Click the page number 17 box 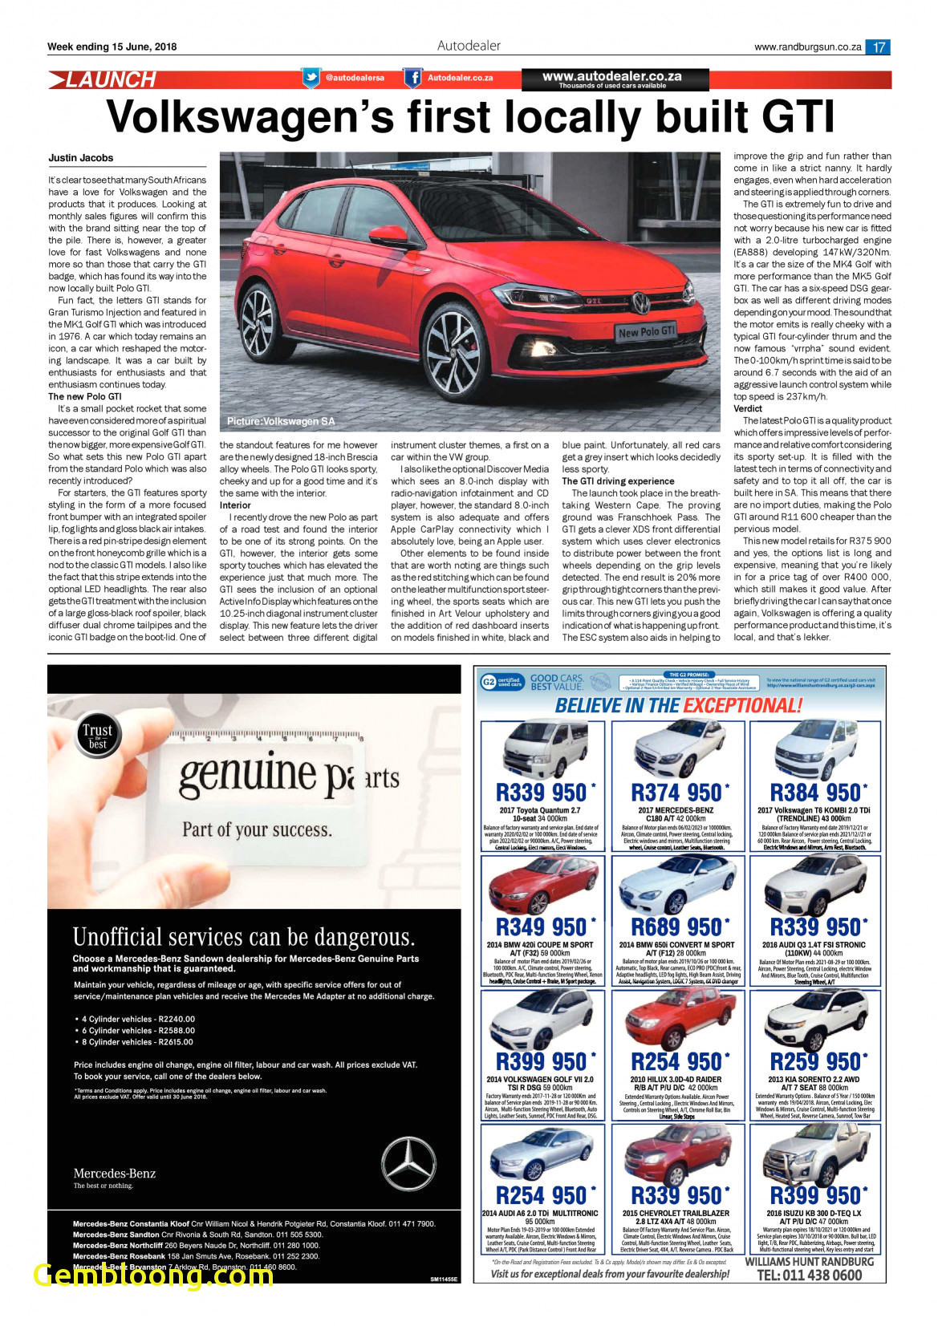pyautogui.click(x=879, y=47)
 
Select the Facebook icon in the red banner pyautogui.click(x=412, y=78)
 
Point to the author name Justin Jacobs pyautogui.click(x=80, y=158)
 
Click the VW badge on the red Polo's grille pyautogui.click(x=640, y=303)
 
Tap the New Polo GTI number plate pyautogui.click(x=646, y=331)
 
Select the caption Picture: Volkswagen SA pyautogui.click(x=281, y=421)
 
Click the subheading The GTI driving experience pyautogui.click(x=618, y=481)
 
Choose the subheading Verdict pyautogui.click(x=748, y=408)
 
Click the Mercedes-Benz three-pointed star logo pyautogui.click(x=408, y=1164)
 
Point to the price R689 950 pyautogui.click(x=677, y=927)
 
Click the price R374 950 pyautogui.click(x=677, y=793)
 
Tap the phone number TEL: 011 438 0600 pyautogui.click(x=810, y=1275)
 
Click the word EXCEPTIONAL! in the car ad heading pyautogui.click(x=742, y=706)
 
